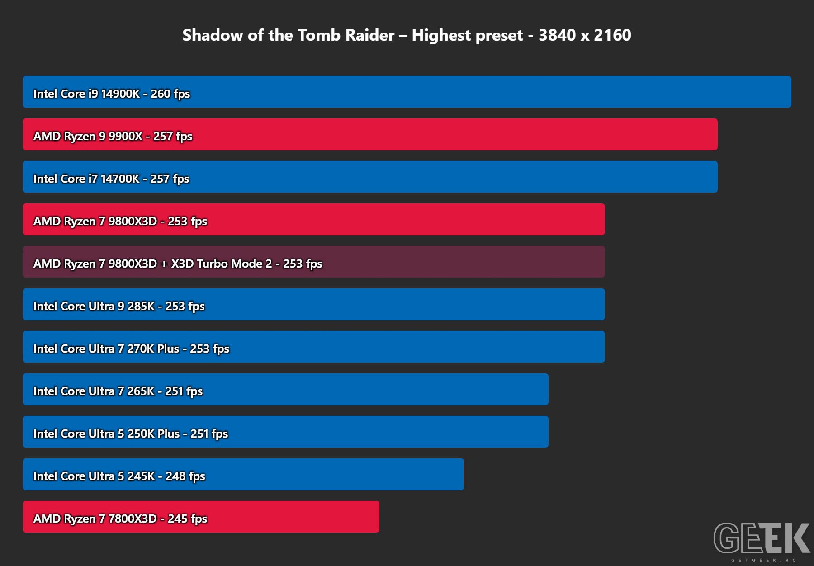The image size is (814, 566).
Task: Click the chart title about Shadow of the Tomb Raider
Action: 407,35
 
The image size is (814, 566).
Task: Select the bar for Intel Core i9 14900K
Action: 407,92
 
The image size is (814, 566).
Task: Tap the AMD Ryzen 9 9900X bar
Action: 370,134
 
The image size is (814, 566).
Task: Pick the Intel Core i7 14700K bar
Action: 370,177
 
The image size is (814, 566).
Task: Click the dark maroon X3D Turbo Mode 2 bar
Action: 313,262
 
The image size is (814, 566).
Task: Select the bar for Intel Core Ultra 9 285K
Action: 313,304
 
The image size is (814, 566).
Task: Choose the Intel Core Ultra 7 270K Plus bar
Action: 313,347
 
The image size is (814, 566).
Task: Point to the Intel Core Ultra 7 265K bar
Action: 285,389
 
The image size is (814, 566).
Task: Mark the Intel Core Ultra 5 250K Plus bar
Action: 285,432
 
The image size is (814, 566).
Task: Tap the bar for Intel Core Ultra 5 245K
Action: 243,474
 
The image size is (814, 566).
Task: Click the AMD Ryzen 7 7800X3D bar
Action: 201,517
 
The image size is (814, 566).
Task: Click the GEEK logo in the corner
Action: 762,538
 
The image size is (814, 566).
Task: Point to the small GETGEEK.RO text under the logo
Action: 763,560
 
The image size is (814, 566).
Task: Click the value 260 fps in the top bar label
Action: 170,94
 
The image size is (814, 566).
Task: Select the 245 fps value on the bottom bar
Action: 187,519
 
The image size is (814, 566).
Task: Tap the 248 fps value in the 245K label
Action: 185,476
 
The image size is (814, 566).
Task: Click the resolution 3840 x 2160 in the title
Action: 585,35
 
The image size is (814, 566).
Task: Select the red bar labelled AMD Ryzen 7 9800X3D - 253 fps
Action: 313,219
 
